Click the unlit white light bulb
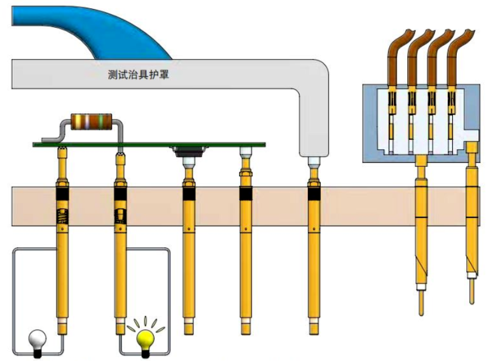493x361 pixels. (38, 338)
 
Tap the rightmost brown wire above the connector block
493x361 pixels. (455, 60)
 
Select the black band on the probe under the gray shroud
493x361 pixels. (313, 193)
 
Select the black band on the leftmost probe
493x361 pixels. (63, 191)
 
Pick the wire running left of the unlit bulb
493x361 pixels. (14, 292)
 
